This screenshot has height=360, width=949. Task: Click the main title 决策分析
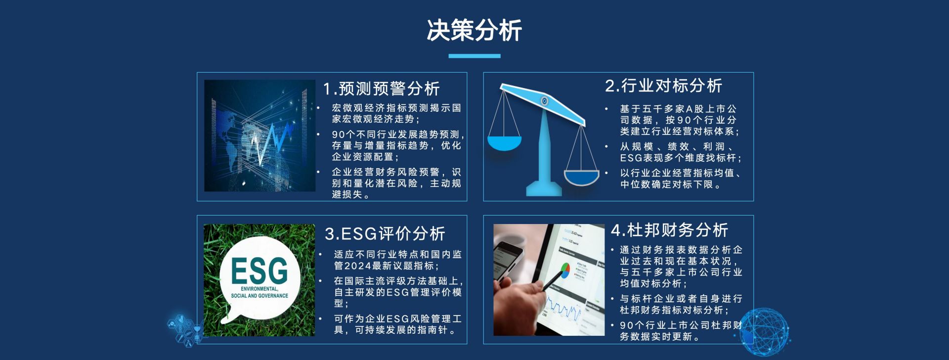[x=474, y=31]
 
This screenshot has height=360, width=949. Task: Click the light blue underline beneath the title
[x=474, y=56]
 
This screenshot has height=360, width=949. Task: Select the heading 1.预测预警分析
[x=381, y=89]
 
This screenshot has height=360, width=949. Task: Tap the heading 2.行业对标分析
[x=663, y=86]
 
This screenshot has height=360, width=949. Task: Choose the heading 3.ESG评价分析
[x=385, y=233]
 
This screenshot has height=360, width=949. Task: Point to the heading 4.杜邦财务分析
[x=670, y=230]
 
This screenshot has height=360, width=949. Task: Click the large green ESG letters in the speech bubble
[x=259, y=271]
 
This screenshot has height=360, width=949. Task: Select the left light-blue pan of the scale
[x=504, y=143]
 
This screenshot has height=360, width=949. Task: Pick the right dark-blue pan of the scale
[x=581, y=177]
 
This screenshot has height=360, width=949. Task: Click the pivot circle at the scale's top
[x=544, y=101]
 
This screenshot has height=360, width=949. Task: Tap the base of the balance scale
[x=544, y=188]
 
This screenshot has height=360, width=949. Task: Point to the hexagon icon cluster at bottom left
[x=185, y=328]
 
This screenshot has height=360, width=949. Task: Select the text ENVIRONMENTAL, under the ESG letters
[x=259, y=289]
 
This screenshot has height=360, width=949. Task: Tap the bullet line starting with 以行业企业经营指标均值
[x=681, y=173]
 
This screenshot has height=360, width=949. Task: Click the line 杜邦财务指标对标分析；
[x=674, y=310]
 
